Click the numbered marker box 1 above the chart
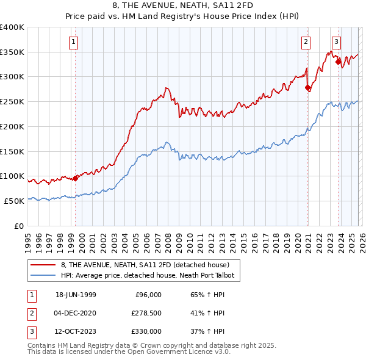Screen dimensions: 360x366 coord(73,42)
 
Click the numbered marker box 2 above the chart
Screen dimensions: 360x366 coord(305,42)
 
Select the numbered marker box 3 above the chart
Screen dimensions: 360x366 coord(336,42)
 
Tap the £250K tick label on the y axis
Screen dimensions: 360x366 coord(12,102)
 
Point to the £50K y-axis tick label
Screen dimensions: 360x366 coord(14,201)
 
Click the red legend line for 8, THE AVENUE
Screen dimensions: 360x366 coord(43,265)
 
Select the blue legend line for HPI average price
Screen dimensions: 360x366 coord(43,276)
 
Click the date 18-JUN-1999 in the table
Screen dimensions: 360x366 coord(76,295)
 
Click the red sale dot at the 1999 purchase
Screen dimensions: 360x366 coord(76,178)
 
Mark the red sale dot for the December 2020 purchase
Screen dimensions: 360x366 coord(307,88)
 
